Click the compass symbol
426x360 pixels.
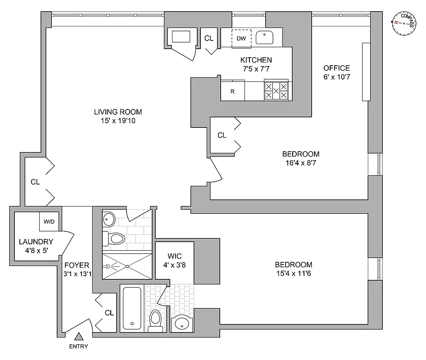point(404,22)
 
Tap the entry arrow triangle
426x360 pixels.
point(79,336)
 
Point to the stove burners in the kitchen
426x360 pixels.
point(276,90)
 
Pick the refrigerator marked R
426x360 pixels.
point(232,91)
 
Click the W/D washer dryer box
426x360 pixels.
point(49,222)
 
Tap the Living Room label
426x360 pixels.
point(118,112)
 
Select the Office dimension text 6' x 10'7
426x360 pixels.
point(336,77)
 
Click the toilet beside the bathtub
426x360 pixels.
point(155,320)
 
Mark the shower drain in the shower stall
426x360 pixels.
point(127,266)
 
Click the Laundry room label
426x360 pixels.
point(36,242)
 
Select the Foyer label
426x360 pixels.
point(76,265)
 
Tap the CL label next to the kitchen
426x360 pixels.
point(209,38)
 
